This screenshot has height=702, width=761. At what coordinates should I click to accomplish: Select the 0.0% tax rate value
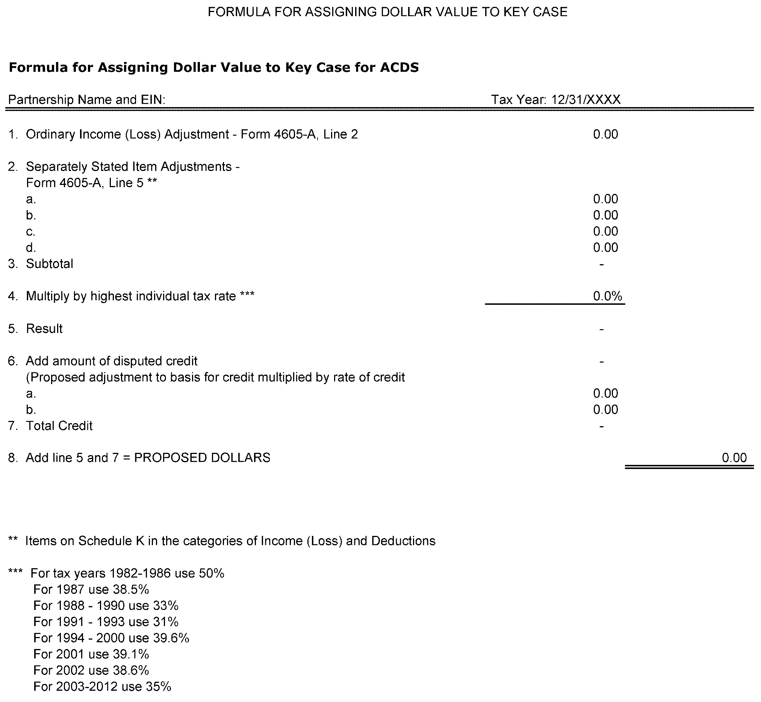click(607, 296)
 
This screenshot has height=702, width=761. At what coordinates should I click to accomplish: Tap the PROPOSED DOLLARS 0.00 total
click(734, 457)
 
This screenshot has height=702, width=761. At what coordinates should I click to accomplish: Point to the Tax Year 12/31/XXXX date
click(586, 100)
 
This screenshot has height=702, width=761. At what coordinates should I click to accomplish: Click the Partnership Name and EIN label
click(87, 100)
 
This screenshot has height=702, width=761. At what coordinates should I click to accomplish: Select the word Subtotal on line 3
click(49, 264)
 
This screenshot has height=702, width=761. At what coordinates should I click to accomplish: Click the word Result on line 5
click(44, 328)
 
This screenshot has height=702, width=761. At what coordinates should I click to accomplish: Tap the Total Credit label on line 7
click(59, 425)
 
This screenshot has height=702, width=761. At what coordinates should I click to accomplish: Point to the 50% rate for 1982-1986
click(211, 573)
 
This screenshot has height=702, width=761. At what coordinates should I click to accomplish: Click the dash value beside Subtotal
click(601, 264)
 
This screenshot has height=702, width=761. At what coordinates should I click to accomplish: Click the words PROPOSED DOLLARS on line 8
click(202, 457)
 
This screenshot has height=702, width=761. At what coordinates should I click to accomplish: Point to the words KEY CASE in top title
click(535, 12)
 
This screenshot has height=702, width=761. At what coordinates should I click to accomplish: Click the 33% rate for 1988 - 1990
click(166, 605)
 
